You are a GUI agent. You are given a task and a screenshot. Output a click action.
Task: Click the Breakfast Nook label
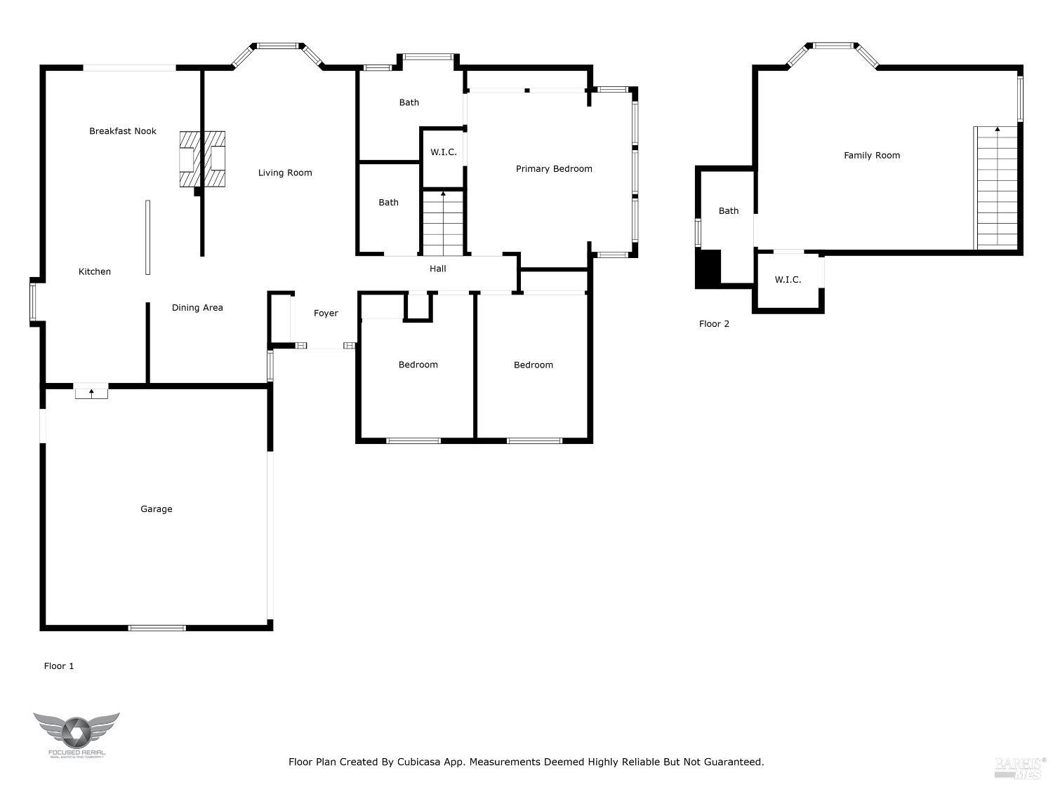[123, 131]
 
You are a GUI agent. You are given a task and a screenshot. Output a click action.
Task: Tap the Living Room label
[285, 173]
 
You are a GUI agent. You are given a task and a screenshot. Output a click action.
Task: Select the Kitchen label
[95, 272]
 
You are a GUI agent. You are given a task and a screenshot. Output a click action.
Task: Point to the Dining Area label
[197, 308]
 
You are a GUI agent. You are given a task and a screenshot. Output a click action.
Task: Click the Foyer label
[326, 313]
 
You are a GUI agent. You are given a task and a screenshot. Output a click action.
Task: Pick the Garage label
[156, 509]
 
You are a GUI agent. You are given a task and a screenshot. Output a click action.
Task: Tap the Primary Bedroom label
[554, 169]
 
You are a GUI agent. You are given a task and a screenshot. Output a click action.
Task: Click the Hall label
[437, 269]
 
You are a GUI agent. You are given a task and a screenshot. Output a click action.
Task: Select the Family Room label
[872, 156]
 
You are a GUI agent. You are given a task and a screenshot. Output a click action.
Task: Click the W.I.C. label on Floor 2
[788, 280]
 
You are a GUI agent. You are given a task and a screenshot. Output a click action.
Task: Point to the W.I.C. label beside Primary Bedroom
[444, 152]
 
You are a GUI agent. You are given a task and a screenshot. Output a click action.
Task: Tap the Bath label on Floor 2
[729, 211]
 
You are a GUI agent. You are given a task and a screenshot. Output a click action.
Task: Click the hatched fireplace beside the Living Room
[202, 160]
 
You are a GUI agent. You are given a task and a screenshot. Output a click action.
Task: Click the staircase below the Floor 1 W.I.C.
[443, 223]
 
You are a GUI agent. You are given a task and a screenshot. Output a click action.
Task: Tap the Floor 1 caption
[59, 666]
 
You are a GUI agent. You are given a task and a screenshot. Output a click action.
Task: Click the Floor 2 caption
[714, 324]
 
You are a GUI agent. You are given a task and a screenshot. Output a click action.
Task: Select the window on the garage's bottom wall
[157, 628]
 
